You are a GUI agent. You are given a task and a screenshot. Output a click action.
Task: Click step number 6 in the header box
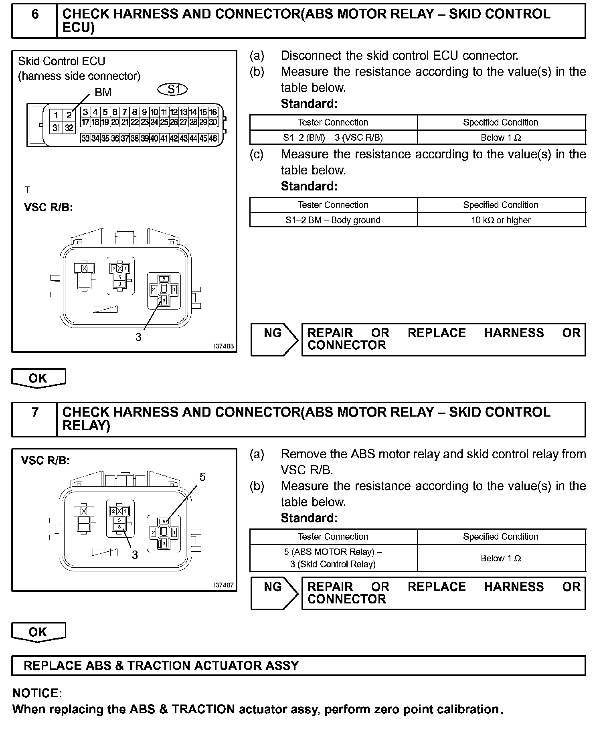pos(35,15)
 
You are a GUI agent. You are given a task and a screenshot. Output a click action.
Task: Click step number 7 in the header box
pos(35,412)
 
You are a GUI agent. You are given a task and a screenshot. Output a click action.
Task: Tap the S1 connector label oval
pos(173,89)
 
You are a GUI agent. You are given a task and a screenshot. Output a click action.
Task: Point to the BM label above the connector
pos(103,93)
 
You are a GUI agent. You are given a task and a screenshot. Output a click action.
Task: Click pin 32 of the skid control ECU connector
pos(69,128)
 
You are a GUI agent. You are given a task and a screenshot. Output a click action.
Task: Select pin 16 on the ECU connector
pos(213,112)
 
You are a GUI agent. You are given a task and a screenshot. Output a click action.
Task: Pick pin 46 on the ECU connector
pos(213,139)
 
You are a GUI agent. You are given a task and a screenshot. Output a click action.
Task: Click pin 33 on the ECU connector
pos(85,139)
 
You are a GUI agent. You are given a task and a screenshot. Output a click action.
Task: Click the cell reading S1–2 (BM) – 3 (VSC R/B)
pos(333,138)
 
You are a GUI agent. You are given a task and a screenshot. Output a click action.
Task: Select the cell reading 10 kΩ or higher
pos(501,220)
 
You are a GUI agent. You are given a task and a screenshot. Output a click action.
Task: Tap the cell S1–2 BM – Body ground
pos(333,220)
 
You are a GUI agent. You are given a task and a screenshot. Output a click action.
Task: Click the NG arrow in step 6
pos(274,339)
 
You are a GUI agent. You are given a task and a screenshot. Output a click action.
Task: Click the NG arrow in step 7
pos(274,593)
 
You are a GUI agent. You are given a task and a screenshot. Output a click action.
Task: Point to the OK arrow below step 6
pos(38,378)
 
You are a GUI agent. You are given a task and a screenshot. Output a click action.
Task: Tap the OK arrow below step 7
pos(38,632)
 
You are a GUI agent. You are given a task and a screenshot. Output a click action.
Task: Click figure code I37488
pos(224,346)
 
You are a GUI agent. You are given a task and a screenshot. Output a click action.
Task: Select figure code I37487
pos(224,585)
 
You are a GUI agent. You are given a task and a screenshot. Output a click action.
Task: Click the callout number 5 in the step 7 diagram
pos(202,477)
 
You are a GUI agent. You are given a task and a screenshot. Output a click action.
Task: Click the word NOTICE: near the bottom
pos(37,693)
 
